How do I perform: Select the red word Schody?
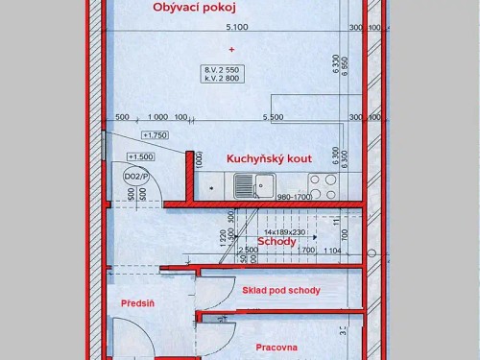click(x=276, y=242)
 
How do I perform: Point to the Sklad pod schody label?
click(x=282, y=290)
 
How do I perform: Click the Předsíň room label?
click(x=137, y=304)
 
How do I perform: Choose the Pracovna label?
click(x=276, y=348)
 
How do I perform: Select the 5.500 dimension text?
click(x=273, y=117)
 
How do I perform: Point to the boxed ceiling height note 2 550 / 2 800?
click(x=222, y=74)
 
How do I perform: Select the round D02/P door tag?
click(x=132, y=177)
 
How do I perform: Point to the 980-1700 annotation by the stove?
click(x=293, y=198)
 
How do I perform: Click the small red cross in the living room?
click(x=230, y=49)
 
